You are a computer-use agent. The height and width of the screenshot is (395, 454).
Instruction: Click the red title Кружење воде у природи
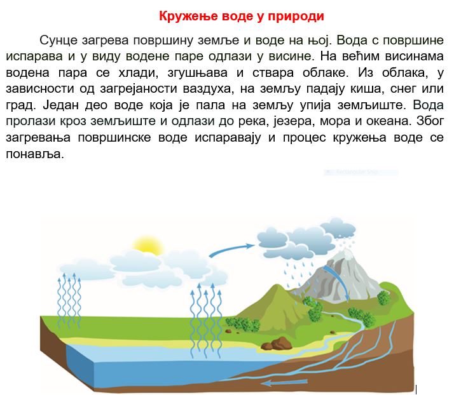(x=241, y=16)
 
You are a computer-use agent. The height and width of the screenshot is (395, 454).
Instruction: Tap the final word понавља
(x=34, y=154)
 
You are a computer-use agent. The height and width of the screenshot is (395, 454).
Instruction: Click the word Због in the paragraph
(x=430, y=121)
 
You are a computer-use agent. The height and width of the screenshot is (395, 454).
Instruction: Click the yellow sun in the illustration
(x=147, y=246)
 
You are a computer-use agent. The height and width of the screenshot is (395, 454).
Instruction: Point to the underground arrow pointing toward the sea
(x=284, y=383)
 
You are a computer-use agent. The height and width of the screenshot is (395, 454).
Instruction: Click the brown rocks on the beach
(x=276, y=344)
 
